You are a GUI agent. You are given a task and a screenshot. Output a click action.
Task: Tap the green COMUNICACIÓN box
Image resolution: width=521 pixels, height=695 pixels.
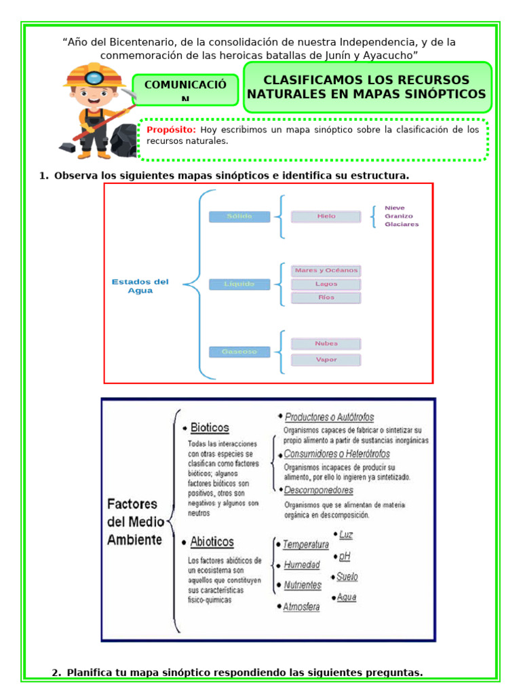(x=185, y=90)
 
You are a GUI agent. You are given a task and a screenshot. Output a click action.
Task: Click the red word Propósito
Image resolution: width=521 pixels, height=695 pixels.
(x=171, y=129)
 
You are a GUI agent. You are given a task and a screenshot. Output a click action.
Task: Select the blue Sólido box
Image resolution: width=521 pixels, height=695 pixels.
(x=239, y=217)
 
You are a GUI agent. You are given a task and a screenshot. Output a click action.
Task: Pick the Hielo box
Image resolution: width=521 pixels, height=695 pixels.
(x=326, y=217)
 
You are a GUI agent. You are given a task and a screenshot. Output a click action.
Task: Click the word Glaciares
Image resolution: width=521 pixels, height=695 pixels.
(x=402, y=224)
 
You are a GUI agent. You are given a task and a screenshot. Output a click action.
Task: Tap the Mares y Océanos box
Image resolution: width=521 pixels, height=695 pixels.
(x=326, y=270)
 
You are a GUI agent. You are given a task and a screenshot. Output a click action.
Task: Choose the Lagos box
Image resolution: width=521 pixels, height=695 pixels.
(x=326, y=284)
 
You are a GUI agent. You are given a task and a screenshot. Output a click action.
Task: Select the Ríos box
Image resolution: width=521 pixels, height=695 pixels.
(x=326, y=297)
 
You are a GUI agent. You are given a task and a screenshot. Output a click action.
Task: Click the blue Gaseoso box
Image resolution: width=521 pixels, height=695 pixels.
(x=239, y=352)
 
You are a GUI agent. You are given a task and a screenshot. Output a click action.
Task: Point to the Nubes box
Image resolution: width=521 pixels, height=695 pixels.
(x=326, y=343)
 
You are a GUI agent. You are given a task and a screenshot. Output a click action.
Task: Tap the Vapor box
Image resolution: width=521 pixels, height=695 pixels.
(x=326, y=360)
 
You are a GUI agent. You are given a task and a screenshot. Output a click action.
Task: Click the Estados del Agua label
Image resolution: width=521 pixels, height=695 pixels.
(x=140, y=286)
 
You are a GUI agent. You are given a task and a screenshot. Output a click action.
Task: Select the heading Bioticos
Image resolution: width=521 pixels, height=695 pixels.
(x=210, y=428)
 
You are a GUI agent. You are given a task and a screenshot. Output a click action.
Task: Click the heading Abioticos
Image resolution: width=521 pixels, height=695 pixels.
(x=212, y=542)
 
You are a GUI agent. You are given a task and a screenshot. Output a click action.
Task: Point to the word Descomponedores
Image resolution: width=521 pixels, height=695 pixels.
(x=318, y=490)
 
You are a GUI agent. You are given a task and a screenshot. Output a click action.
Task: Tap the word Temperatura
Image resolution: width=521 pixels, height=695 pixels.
(x=305, y=544)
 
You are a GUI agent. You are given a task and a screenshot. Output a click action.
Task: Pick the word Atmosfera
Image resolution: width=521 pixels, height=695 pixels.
(x=301, y=607)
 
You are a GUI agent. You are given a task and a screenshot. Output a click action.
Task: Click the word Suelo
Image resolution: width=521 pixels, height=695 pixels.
(x=347, y=577)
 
